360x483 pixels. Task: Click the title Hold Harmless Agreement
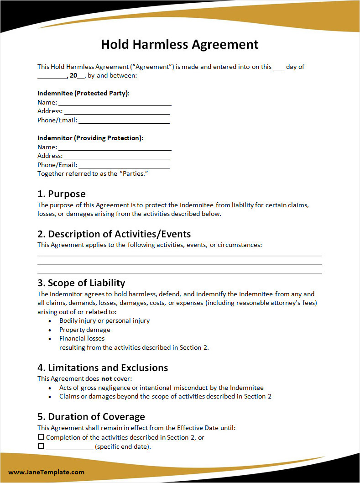click(180, 44)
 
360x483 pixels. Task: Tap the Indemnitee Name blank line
click(115, 105)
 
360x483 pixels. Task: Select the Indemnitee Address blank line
click(117, 113)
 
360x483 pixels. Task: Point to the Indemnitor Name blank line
click(115, 149)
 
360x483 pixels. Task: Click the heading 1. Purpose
click(62, 194)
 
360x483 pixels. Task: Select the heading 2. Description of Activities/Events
click(114, 234)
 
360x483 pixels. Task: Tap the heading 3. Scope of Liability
click(81, 283)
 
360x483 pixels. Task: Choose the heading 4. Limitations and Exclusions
click(103, 368)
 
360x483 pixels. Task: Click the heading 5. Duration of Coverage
click(91, 417)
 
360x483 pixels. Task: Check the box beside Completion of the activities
click(41, 437)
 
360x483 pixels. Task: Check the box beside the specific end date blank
click(41, 446)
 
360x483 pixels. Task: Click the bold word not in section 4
click(106, 378)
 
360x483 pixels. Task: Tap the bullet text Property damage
click(85, 330)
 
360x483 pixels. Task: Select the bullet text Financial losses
click(82, 338)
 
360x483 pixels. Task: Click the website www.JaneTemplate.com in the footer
click(46, 472)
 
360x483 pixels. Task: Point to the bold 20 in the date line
click(73, 75)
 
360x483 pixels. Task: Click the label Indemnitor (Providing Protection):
click(90, 138)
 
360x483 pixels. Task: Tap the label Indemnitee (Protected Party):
click(83, 93)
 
